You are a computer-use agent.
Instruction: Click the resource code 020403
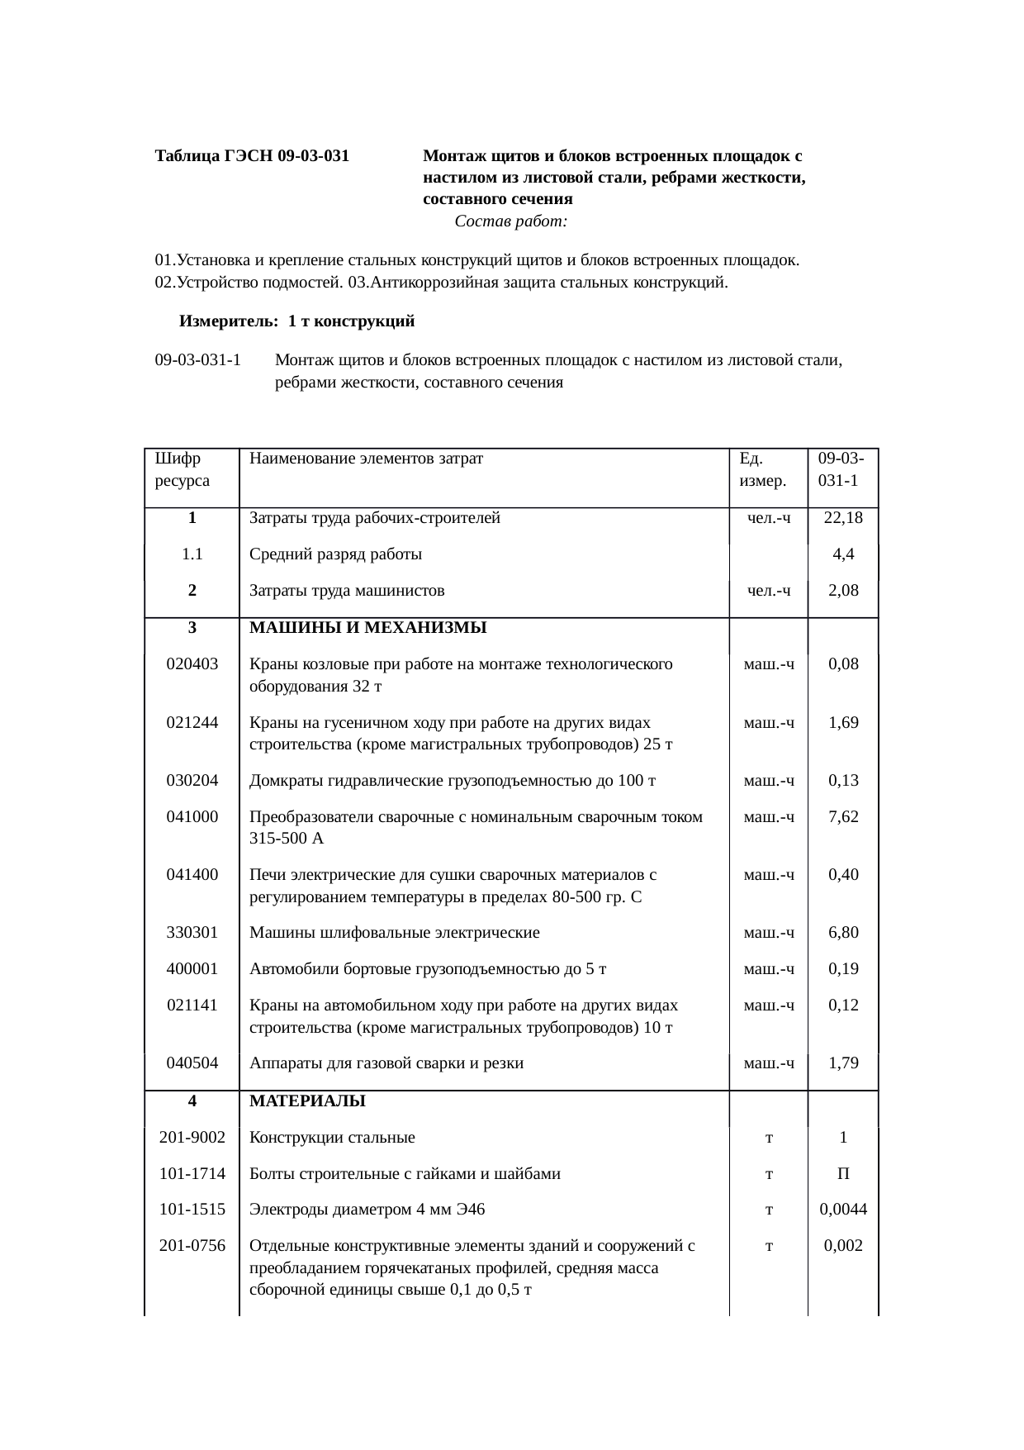click(192, 664)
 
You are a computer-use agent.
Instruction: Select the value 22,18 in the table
click(843, 519)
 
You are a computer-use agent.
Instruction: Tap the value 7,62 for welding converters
click(843, 817)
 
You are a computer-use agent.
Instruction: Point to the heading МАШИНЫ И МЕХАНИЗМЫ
click(368, 628)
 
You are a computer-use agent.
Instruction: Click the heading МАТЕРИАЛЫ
click(307, 1101)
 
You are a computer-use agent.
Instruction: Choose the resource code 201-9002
click(192, 1138)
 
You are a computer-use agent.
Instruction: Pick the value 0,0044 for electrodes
click(843, 1210)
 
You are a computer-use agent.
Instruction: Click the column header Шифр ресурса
click(183, 468)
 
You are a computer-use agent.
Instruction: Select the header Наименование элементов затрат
click(367, 458)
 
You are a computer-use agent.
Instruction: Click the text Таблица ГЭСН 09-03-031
click(252, 155)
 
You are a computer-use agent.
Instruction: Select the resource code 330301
click(192, 933)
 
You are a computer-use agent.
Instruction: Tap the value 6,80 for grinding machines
click(843, 933)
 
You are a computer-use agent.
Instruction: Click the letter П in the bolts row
click(843, 1174)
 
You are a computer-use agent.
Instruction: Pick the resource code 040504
click(192, 1063)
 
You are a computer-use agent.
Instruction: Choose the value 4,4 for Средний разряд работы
click(843, 555)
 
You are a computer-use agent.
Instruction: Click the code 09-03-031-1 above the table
click(198, 360)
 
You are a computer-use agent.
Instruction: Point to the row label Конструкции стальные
click(332, 1138)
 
